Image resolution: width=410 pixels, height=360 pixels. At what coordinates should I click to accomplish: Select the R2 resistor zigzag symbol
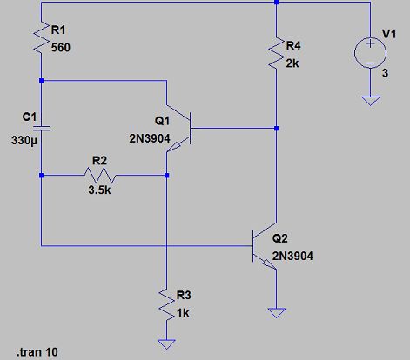(x=104, y=174)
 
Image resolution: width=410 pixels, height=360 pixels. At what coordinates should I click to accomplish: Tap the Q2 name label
(x=279, y=238)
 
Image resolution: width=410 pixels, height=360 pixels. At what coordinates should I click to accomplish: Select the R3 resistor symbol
(x=165, y=305)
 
